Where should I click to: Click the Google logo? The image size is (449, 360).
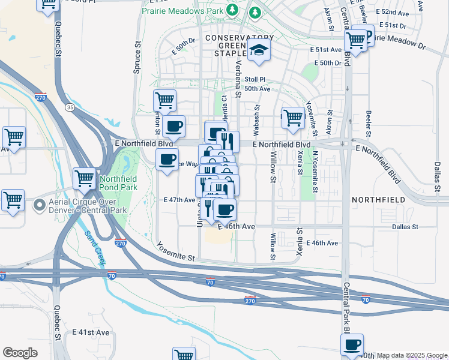click(x=20, y=353)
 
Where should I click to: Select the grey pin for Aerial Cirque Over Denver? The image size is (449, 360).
click(x=40, y=205)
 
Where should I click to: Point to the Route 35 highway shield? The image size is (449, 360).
click(x=70, y=107)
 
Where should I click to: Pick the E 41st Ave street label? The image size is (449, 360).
click(x=91, y=332)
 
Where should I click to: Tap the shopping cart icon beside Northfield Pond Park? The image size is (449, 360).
click(x=84, y=178)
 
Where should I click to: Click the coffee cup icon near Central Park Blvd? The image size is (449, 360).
click(x=352, y=344)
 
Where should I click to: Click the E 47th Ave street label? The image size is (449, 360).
click(x=179, y=200)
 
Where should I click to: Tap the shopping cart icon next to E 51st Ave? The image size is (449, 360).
click(x=357, y=41)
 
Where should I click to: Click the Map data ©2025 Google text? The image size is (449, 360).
click(x=412, y=356)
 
